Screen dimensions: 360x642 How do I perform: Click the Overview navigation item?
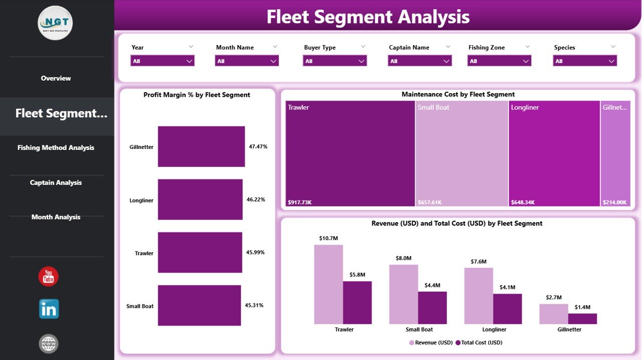pos(56,78)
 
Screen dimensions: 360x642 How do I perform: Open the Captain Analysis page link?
pos(56,183)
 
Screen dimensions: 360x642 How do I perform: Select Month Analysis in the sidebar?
pos(56,217)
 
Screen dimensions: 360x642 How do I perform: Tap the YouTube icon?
pos(49,277)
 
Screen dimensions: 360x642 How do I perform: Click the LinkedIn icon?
pos(49,309)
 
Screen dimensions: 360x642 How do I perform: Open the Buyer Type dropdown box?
pos(335,61)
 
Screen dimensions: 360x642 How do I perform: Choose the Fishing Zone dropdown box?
pos(499,61)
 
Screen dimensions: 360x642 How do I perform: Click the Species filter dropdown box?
pos(585,61)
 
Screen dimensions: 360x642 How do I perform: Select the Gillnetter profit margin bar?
pos(201,146)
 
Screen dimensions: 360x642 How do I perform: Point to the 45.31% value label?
pos(254,305)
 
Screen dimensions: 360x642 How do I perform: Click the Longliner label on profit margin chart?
pos(141,200)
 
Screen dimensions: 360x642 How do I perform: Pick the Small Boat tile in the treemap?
pos(461,153)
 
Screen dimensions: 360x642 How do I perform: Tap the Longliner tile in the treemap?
pos(554,153)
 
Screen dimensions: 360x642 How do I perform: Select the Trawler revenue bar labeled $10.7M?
pos(329,284)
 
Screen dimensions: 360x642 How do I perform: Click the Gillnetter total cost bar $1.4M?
pos(582,318)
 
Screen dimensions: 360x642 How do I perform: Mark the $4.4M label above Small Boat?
pos(432,285)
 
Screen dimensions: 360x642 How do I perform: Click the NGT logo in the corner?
pos(55,23)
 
